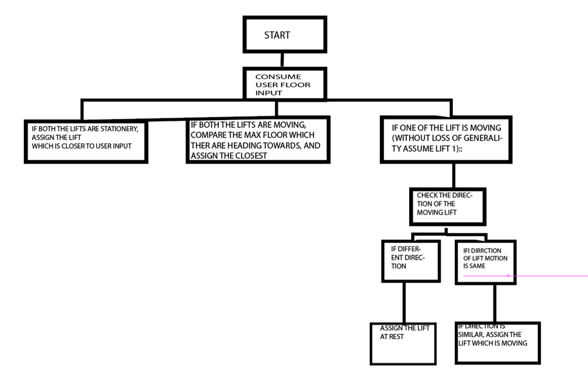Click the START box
285,35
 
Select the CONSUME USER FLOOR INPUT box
285,84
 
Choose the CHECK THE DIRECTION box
447,206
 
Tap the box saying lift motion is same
485,262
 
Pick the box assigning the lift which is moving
497,342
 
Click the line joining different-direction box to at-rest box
404,303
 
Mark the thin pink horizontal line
550,275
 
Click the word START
277,35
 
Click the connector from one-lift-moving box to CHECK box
454,175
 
